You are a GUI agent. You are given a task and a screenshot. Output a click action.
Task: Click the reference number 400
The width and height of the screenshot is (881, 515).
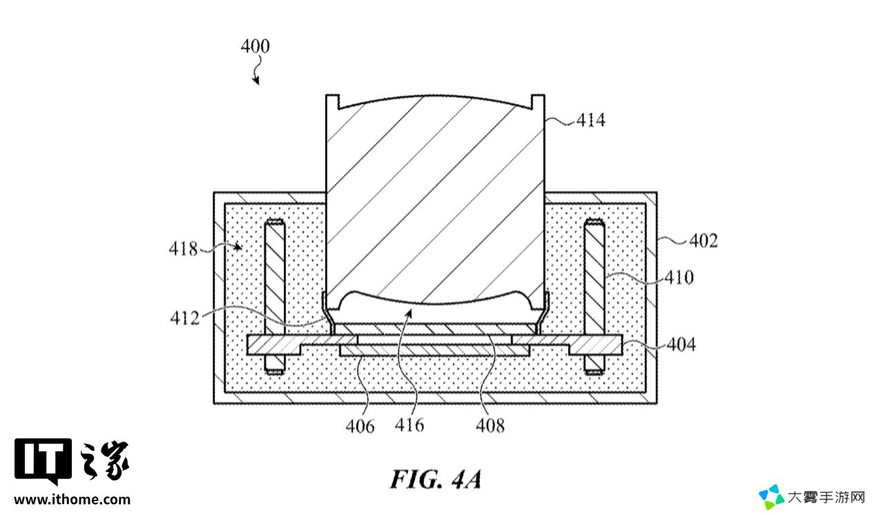(x=255, y=46)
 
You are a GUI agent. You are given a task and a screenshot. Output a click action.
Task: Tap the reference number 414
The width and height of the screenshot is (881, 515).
(x=591, y=120)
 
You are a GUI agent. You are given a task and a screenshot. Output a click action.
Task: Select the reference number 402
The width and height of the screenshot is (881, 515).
(x=704, y=241)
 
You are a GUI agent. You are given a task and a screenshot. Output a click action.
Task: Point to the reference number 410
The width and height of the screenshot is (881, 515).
(x=679, y=277)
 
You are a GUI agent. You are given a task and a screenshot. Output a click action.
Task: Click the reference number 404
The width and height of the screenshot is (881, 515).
(x=681, y=344)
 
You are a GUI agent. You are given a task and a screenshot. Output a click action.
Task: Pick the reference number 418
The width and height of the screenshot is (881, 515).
(x=183, y=249)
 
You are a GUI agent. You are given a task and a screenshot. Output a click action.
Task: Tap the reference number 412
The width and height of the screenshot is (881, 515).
(x=185, y=318)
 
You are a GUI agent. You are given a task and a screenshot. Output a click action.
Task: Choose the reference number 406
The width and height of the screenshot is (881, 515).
(x=360, y=426)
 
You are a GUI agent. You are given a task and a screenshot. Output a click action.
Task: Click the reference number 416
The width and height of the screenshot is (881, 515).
(x=409, y=425)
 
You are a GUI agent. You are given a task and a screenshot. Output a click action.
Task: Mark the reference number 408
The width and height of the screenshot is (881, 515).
(x=490, y=426)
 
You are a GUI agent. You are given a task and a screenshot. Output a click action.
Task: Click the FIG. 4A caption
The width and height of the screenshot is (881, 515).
(x=436, y=479)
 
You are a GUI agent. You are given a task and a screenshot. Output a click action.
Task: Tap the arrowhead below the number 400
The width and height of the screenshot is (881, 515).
(x=256, y=81)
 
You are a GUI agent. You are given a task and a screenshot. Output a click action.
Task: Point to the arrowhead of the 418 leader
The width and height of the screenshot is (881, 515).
(x=238, y=247)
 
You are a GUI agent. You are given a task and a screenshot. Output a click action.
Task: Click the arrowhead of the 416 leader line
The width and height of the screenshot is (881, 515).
(x=409, y=313)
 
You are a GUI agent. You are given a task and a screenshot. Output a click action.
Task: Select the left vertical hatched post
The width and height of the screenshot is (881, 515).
(x=275, y=296)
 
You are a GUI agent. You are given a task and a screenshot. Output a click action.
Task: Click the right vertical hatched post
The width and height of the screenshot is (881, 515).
(x=594, y=296)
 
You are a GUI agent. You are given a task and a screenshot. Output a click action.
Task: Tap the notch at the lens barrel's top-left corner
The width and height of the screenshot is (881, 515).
(x=333, y=101)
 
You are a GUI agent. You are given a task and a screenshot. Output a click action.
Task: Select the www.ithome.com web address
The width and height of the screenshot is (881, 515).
(x=72, y=500)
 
